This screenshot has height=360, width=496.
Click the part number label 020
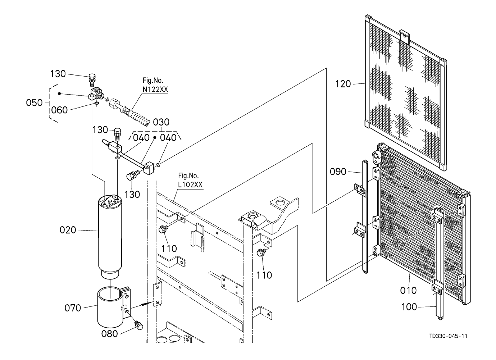pyautogui.click(x=68, y=230)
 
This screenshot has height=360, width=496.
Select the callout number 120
pyautogui.click(x=343, y=84)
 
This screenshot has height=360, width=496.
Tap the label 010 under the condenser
pyautogui.click(x=408, y=290)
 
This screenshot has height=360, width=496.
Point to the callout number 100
pyautogui.click(x=409, y=307)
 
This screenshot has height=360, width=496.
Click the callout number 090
pyautogui.click(x=338, y=172)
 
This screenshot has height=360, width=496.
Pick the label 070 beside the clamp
pyautogui.click(x=73, y=308)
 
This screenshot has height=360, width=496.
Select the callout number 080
pyautogui.click(x=109, y=334)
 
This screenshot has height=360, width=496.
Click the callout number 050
pyautogui.click(x=34, y=103)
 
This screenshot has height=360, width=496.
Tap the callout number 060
pyautogui.click(x=59, y=110)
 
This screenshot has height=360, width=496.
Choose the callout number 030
pyautogui.click(x=161, y=122)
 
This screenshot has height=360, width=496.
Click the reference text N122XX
pyautogui.click(x=155, y=90)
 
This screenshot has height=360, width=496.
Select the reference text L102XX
pyautogui.click(x=190, y=184)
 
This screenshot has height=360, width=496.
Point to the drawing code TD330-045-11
pyautogui.click(x=449, y=336)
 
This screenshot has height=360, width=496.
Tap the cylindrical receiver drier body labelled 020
pyautogui.click(x=110, y=236)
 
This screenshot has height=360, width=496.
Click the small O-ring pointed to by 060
pyautogui.click(x=96, y=103)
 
